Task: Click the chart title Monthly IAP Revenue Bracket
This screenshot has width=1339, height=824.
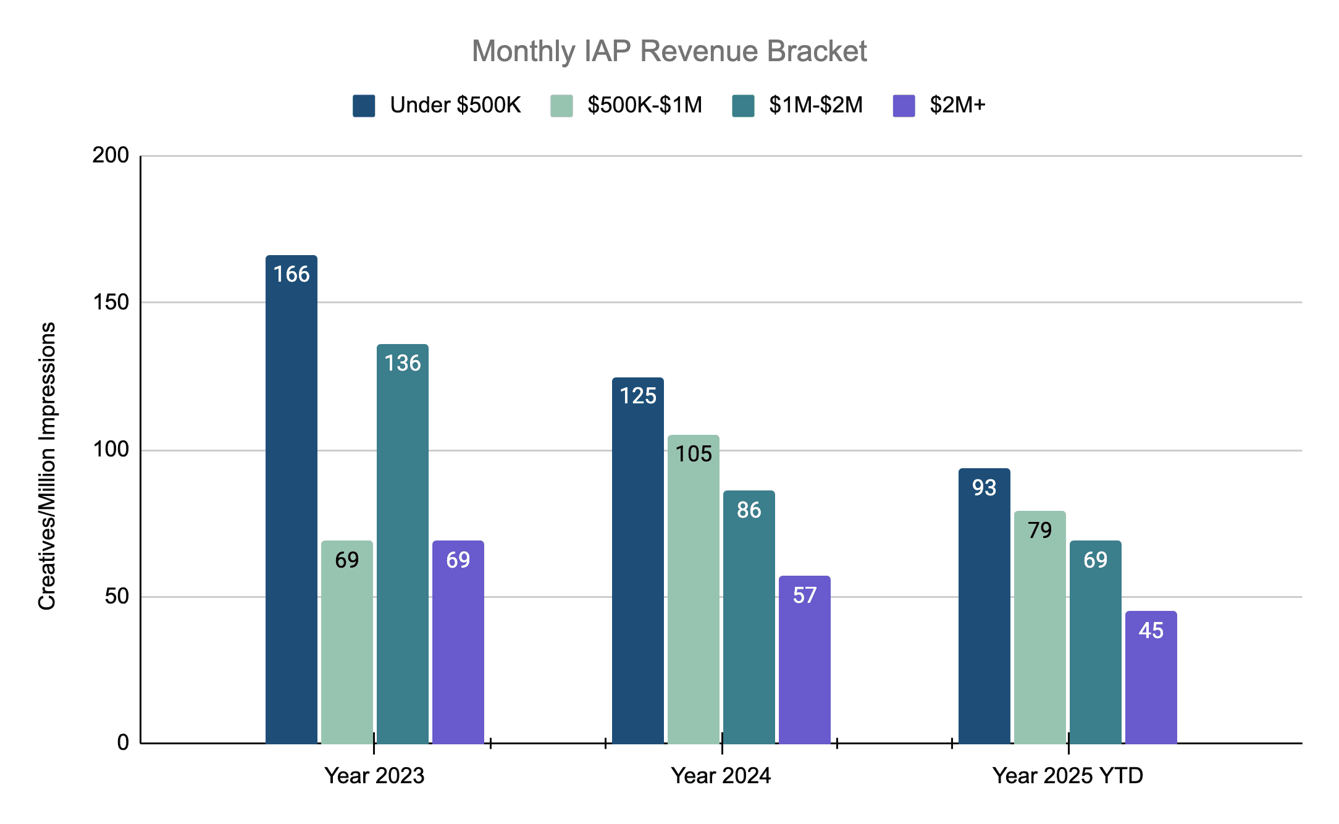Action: click(669, 51)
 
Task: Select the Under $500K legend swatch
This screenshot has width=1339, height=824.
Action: click(364, 106)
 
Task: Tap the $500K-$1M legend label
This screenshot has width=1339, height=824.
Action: click(644, 106)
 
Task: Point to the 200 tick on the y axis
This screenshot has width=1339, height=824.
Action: click(111, 156)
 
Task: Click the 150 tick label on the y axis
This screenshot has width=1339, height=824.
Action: click(111, 303)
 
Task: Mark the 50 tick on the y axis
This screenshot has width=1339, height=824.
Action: click(116, 597)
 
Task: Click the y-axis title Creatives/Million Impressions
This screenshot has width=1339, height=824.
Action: click(48, 466)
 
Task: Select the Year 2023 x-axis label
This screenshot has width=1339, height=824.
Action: click(374, 776)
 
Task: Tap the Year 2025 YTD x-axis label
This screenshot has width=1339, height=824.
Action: click(1067, 776)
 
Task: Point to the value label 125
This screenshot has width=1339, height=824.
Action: click(638, 396)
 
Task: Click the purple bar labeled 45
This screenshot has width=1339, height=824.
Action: click(1151, 679)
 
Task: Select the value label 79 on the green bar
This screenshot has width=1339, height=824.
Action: click(1040, 531)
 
